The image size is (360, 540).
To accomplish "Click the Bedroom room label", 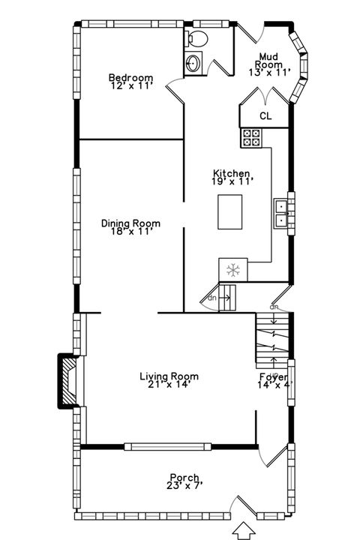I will [130, 77].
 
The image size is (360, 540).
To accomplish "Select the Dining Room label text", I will [130, 223].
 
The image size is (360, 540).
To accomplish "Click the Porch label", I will [184, 478].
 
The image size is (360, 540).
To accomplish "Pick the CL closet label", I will [265, 115].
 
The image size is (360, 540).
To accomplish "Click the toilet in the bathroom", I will [199, 38].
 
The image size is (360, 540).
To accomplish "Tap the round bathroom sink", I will [193, 63].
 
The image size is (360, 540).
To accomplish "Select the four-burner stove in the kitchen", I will [250, 137].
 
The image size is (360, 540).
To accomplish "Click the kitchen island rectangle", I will [230, 211].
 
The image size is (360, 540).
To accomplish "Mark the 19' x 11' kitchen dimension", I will [232, 181].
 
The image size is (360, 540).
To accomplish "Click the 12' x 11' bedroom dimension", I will [130, 86].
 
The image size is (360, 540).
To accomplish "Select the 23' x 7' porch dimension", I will [184, 486].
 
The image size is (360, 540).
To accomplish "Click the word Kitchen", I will [231, 173].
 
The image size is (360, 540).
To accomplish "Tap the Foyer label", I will [273, 376].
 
